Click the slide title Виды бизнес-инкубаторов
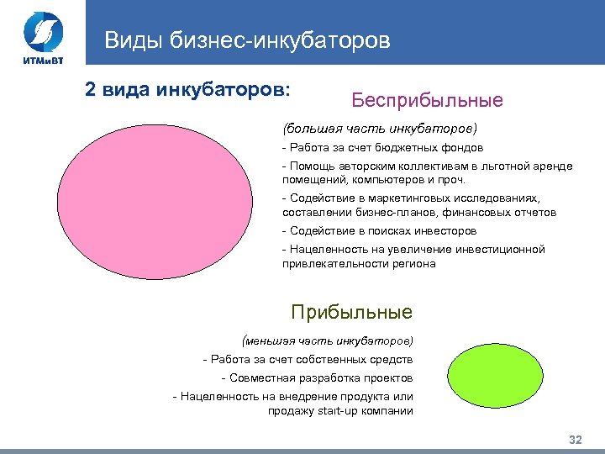click(247, 40)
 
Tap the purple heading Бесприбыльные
click(427, 101)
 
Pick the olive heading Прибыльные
click(351, 313)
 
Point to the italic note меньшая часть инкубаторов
click(327, 341)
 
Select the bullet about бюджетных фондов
click(382, 147)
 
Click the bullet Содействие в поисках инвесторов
click(379, 230)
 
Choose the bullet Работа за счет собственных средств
click(308, 360)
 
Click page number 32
click(576, 441)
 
